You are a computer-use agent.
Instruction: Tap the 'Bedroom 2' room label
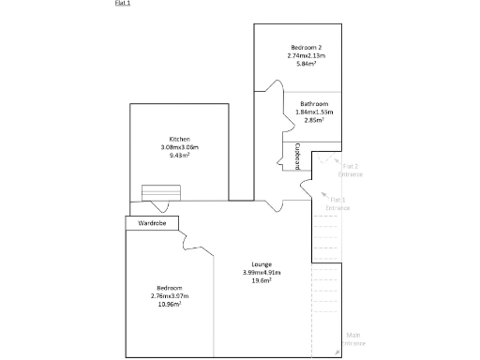[x=307, y=47]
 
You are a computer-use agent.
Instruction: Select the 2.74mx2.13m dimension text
[x=307, y=55]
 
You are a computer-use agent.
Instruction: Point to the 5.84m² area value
[x=307, y=64]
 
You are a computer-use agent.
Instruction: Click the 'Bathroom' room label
[x=314, y=103]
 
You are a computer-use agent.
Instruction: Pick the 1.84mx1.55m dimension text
[x=314, y=112]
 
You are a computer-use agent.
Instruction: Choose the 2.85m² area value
[x=314, y=120]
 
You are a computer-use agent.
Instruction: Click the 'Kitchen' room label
[x=180, y=139]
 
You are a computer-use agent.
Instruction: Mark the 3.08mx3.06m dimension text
[x=180, y=147]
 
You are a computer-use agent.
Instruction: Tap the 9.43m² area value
[x=180, y=156]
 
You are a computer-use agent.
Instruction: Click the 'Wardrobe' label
[x=152, y=223]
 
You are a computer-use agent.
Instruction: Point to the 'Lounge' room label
[x=262, y=263]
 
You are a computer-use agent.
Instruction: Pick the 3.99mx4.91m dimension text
[x=262, y=272]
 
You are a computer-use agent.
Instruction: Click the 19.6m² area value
[x=262, y=280]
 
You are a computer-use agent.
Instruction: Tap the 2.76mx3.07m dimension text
[x=169, y=296]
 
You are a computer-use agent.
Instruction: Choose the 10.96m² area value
[x=169, y=305]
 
